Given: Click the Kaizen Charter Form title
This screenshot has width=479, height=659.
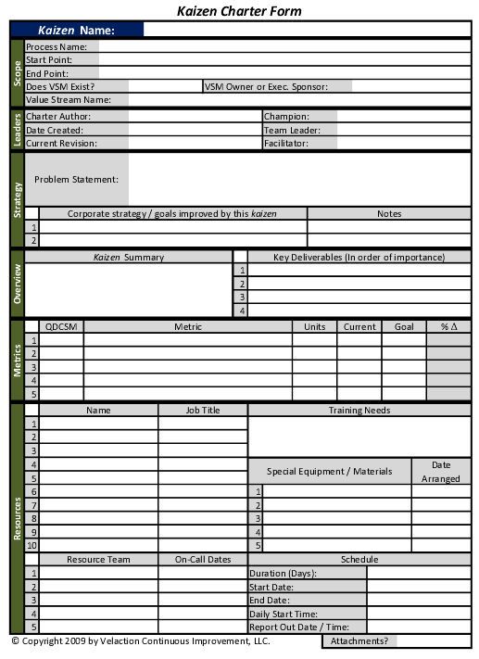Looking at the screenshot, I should click(x=239, y=11).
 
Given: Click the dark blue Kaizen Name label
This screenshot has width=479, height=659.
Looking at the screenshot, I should click(x=76, y=31).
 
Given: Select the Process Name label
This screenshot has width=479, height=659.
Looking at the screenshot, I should click(x=57, y=46).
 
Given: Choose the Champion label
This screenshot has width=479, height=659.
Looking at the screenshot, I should click(x=286, y=117).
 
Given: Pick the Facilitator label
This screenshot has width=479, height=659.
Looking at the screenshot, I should click(x=287, y=144).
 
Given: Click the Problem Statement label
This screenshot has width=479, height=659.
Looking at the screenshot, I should click(x=76, y=179).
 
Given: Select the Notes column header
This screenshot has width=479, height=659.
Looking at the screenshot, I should click(x=389, y=214).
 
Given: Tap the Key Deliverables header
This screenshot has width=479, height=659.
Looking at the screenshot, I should click(x=359, y=257).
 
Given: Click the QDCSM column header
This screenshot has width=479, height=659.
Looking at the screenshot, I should click(x=61, y=326).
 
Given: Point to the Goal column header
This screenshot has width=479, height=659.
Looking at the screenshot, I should click(x=404, y=326).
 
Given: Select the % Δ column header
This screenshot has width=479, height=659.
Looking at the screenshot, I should click(x=448, y=326).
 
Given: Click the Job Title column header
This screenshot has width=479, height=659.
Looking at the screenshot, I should click(x=203, y=410).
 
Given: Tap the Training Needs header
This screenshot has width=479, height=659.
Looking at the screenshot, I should click(x=359, y=410).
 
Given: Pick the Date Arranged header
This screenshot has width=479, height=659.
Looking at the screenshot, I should click(x=441, y=472).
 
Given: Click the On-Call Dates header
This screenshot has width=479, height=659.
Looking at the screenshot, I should click(x=203, y=560).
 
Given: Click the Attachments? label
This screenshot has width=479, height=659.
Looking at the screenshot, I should click(x=359, y=640).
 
